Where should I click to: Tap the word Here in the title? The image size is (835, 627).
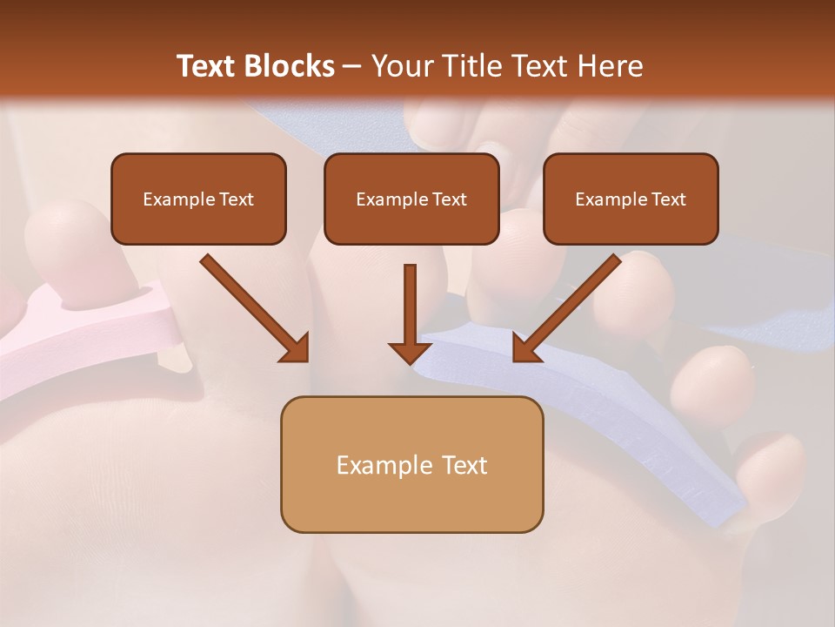[x=610, y=66]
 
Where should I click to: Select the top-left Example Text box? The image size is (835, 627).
[x=198, y=199]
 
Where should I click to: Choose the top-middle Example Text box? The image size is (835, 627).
[x=411, y=199]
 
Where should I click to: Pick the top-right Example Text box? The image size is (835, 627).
[x=631, y=199]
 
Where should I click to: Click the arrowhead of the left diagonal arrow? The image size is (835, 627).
[x=295, y=347]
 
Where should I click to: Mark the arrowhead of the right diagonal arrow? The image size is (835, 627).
[x=526, y=347]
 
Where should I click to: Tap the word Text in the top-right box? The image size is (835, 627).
[x=668, y=199]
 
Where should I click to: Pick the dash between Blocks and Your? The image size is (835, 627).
[x=353, y=66]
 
